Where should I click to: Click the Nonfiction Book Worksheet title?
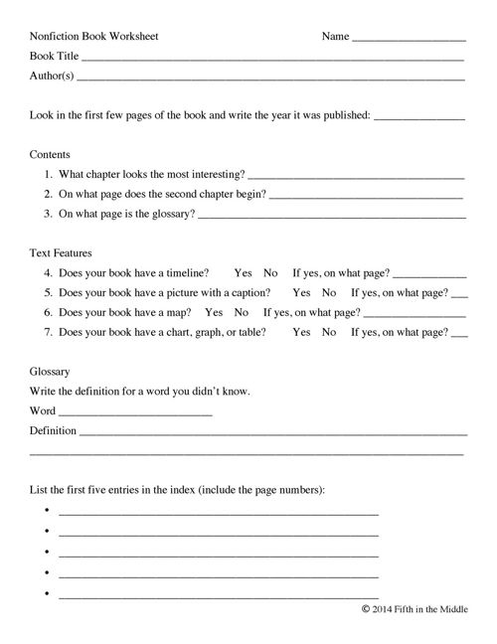[x=94, y=37]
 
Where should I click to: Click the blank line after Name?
[x=409, y=39]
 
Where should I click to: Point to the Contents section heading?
[x=50, y=155]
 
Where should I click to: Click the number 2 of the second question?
[x=48, y=194]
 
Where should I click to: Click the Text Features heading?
[x=63, y=252]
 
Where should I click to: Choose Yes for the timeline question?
[x=244, y=272]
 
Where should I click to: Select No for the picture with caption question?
[x=329, y=292]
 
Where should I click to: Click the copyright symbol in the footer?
[x=365, y=609]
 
